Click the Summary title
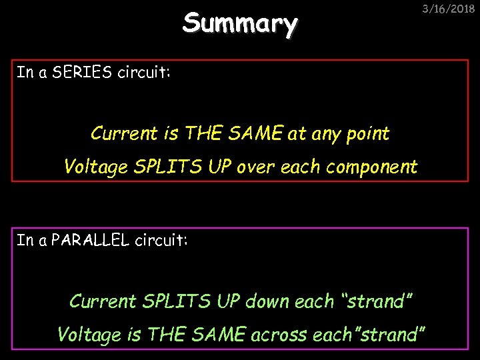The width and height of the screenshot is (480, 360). coord(240,23)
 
